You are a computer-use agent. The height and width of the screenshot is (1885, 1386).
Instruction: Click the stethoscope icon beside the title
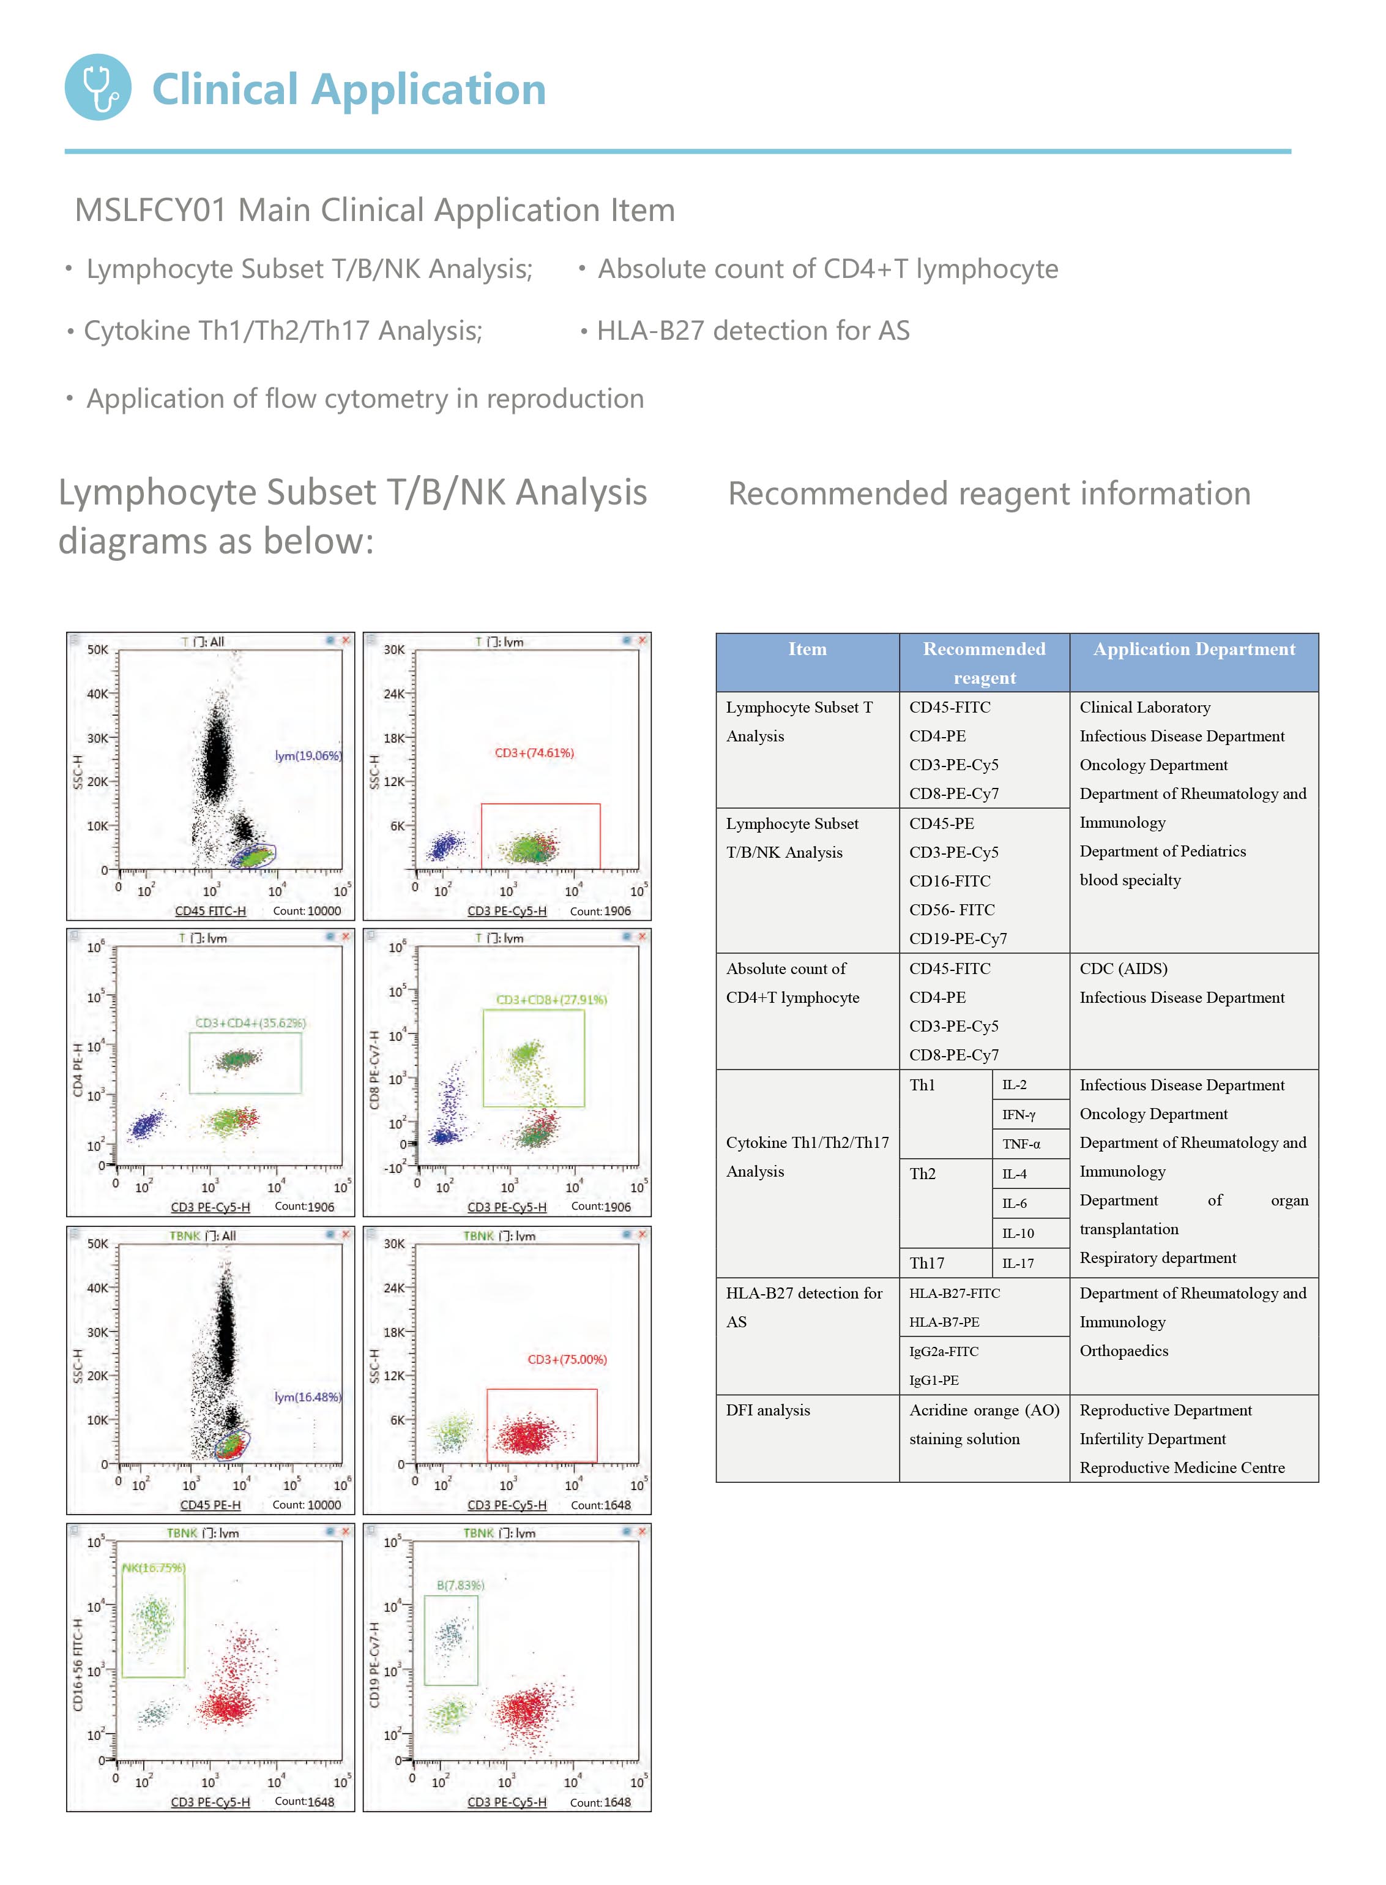[x=98, y=88]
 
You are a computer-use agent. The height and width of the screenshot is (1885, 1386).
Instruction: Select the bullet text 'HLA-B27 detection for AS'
[x=753, y=331]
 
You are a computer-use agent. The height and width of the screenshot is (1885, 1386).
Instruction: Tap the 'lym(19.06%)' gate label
[x=308, y=755]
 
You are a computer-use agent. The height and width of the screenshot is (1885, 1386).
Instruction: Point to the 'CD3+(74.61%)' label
[x=534, y=753]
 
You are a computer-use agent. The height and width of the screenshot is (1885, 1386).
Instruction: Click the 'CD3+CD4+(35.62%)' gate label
[x=250, y=1022]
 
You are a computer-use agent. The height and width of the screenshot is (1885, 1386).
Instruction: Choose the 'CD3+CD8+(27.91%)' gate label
[x=551, y=1000]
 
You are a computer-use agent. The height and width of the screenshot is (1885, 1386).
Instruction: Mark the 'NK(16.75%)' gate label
[x=154, y=1568]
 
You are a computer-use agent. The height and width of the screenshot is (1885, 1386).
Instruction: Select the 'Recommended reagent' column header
[x=984, y=663]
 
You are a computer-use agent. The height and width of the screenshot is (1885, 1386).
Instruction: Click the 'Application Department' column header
[x=1194, y=649]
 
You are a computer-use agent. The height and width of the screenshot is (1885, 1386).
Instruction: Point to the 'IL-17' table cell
[x=1018, y=1263]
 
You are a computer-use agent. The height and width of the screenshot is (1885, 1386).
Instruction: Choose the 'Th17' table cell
[x=926, y=1263]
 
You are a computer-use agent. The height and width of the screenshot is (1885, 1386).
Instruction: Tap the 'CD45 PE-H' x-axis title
[x=210, y=1505]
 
